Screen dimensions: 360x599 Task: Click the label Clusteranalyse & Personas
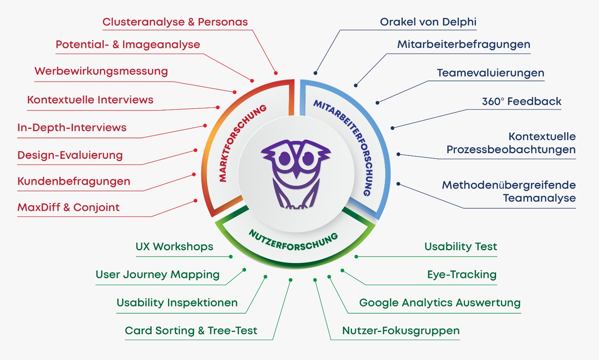click(175, 22)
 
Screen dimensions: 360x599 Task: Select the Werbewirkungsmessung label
click(101, 71)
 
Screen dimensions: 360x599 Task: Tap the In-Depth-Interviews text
click(72, 128)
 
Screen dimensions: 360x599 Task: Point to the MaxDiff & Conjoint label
click(69, 208)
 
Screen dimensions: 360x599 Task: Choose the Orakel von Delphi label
click(428, 22)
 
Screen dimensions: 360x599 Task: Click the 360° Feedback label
click(522, 102)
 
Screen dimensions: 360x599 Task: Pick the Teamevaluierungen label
click(490, 73)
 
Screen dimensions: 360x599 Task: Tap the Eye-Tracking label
click(462, 275)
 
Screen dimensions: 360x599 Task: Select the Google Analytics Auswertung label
click(440, 303)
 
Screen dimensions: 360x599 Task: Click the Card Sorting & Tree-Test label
click(191, 331)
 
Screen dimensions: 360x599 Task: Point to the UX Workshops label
click(174, 247)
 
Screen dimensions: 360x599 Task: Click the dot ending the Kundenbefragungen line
click(194, 175)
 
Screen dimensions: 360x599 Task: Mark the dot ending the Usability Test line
click(356, 257)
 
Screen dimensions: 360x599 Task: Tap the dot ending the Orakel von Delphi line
click(316, 73)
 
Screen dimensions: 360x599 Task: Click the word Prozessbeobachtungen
click(511, 150)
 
